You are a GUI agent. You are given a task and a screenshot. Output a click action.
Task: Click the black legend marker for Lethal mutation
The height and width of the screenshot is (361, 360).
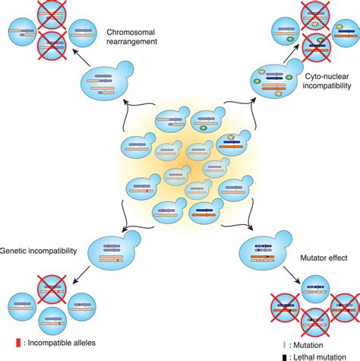click(x=283, y=356)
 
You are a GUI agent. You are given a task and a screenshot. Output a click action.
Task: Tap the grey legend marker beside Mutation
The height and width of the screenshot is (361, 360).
click(x=283, y=344)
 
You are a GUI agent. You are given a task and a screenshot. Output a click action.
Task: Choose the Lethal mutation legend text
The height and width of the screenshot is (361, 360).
click(x=319, y=356)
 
